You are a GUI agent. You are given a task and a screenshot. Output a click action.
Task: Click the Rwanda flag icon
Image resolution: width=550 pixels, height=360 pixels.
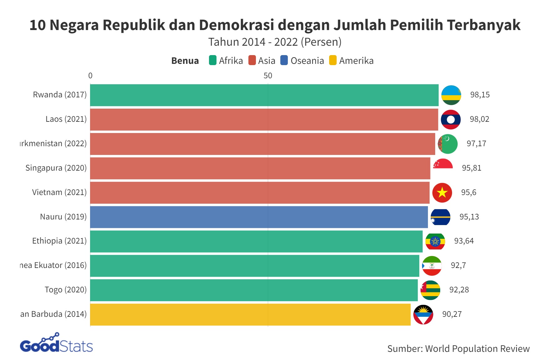[x=451, y=95]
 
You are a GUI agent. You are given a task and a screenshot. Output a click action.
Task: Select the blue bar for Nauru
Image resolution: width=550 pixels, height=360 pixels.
[x=259, y=217]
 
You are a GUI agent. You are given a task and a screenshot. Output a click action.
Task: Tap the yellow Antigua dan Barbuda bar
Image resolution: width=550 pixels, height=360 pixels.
[x=250, y=314]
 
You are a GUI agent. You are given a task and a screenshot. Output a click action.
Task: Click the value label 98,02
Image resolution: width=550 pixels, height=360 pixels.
[x=479, y=119]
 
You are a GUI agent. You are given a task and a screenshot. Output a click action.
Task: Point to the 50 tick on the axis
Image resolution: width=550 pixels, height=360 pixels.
[x=267, y=76]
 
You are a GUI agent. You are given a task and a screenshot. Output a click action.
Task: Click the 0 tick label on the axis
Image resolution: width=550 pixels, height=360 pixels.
[x=90, y=76]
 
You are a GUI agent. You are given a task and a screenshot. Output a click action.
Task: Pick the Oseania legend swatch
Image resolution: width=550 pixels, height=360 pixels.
[x=284, y=60]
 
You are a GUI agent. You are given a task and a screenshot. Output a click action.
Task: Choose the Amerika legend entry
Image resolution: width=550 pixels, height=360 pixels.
[x=356, y=61]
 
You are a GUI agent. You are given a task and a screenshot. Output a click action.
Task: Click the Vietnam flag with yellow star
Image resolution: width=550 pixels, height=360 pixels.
[x=442, y=193]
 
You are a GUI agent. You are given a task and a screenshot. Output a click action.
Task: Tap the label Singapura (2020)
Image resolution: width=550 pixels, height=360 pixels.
[x=56, y=168]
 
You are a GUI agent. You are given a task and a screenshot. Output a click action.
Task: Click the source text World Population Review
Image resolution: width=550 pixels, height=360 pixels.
[x=477, y=349]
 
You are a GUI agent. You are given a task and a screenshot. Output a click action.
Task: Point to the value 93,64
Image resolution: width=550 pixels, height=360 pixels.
[x=464, y=241]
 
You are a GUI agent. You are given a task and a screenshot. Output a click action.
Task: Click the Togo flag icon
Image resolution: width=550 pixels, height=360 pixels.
[x=430, y=290]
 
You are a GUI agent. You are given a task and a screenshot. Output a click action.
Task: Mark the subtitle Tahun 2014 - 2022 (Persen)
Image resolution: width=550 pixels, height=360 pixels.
[x=275, y=42]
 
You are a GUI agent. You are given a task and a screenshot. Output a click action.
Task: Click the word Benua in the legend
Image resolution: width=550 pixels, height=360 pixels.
[x=185, y=61]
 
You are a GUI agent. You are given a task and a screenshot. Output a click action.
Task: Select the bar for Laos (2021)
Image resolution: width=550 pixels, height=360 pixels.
[x=264, y=119]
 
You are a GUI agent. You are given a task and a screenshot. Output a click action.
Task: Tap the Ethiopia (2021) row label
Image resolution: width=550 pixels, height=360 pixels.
[x=59, y=241]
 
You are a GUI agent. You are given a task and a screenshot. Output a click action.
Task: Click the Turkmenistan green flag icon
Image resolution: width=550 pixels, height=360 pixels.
[x=447, y=144]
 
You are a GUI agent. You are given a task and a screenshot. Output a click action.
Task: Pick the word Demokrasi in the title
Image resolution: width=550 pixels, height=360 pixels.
[x=236, y=25]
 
